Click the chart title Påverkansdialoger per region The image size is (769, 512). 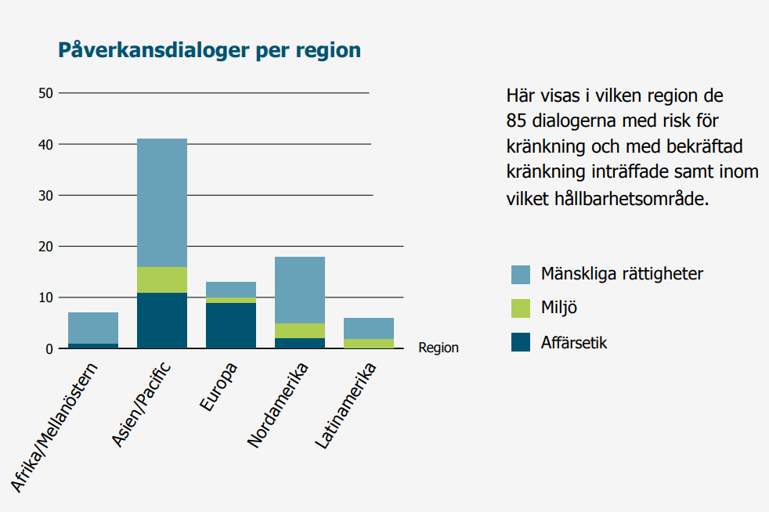(x=209, y=51)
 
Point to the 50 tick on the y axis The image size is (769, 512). (x=45, y=93)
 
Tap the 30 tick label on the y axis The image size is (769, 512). (x=45, y=196)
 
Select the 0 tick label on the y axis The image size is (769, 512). (x=49, y=349)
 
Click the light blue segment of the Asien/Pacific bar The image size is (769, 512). (x=162, y=203)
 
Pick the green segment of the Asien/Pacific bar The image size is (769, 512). (x=162, y=280)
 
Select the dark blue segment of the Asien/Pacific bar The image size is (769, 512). (x=162, y=320)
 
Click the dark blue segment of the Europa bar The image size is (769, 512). (x=231, y=326)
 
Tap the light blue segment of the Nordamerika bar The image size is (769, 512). (x=300, y=290)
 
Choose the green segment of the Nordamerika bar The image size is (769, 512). (x=300, y=331)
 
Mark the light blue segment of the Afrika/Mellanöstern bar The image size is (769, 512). (x=93, y=328)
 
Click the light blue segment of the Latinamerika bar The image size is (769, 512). (x=369, y=329)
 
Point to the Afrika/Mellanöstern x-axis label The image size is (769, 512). (x=55, y=427)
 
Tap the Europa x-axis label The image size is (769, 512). (x=218, y=387)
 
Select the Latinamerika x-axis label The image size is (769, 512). (x=346, y=406)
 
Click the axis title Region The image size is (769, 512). (x=439, y=348)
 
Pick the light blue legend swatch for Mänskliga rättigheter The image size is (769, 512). (x=520, y=275)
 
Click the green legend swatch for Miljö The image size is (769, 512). (x=520, y=308)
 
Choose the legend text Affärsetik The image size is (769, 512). (x=574, y=342)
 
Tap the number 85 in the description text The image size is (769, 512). (x=516, y=121)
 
